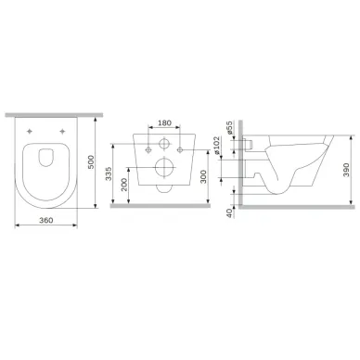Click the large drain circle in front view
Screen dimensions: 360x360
point(165,169)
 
